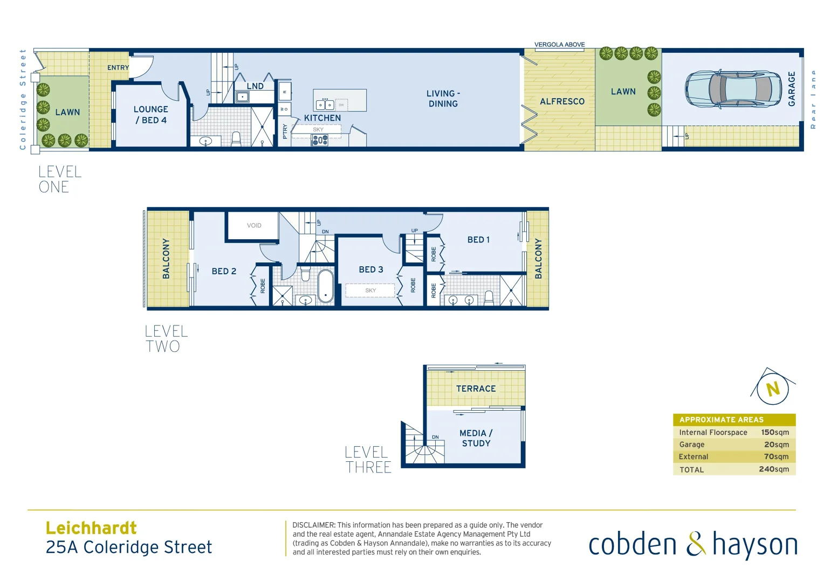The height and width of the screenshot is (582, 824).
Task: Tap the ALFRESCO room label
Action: point(562,101)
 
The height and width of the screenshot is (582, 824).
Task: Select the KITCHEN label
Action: point(322,118)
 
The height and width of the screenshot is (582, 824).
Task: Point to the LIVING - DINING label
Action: point(443,99)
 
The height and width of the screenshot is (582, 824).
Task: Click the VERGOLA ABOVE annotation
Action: point(559,45)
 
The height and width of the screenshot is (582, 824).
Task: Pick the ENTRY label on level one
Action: point(118,68)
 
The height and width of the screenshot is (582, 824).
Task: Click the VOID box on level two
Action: point(253,225)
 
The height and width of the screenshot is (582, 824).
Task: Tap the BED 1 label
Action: point(478,240)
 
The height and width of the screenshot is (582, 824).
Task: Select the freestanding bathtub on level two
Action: point(325,286)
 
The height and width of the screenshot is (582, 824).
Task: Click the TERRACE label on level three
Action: point(476,389)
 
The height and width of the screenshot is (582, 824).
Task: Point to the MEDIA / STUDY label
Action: point(476,438)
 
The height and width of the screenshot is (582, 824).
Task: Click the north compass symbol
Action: point(773,389)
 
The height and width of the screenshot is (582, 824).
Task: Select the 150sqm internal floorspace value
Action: point(774,432)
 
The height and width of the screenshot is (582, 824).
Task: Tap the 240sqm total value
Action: point(773,469)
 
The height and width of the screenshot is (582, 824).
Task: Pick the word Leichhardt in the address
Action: point(91,528)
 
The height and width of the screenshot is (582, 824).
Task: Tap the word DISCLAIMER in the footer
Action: point(313,525)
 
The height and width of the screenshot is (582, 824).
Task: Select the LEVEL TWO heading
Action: point(166,339)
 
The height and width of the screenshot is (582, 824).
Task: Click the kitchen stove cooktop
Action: point(320,140)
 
